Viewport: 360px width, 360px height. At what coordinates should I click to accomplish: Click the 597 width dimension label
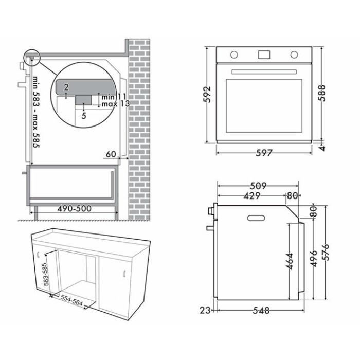tap(264, 153)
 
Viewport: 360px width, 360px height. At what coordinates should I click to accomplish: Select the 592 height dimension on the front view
tap(207, 95)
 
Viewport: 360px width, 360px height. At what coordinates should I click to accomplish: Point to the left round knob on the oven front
tap(234, 55)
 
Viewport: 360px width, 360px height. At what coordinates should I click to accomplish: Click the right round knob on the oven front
tap(294, 55)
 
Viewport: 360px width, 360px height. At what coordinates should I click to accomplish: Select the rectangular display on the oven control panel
tap(264, 55)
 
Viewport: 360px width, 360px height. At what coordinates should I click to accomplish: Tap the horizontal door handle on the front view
tap(264, 72)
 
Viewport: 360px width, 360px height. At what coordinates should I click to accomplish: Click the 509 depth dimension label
tap(258, 186)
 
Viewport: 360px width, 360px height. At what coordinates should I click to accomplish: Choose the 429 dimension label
tap(252, 195)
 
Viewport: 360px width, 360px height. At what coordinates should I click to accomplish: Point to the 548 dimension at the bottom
tap(261, 311)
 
